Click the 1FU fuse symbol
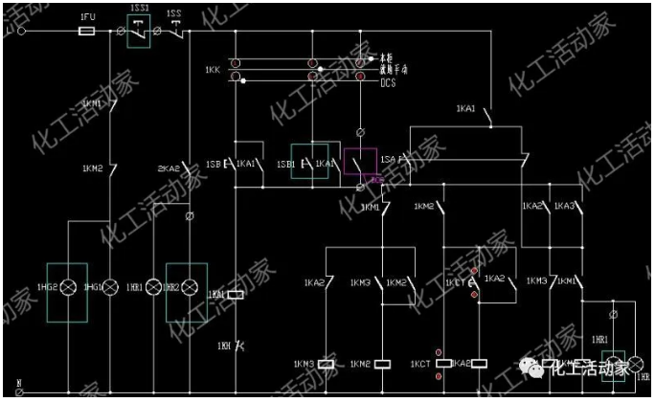coord(85,32)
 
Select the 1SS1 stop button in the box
coord(140,32)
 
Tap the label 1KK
coord(213,71)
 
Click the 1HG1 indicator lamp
coord(110,286)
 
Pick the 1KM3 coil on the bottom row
coord(326,364)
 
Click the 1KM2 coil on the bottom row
coord(383,364)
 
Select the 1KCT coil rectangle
coord(443,364)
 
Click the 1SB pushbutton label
coord(214,164)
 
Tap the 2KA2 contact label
coord(169,169)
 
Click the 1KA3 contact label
coord(565,207)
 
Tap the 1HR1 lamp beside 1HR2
coord(153,286)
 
